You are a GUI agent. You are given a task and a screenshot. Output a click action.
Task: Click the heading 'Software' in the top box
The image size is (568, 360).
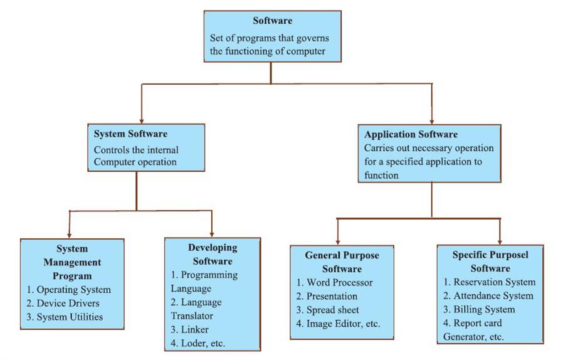(272, 21)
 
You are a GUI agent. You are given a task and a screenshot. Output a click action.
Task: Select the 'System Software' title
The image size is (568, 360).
(130, 134)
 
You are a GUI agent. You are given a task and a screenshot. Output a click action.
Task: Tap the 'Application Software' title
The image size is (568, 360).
(411, 134)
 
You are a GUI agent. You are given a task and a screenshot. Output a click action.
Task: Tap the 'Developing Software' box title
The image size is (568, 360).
(212, 254)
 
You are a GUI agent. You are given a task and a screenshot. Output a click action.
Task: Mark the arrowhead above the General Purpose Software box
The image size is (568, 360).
(338, 241)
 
